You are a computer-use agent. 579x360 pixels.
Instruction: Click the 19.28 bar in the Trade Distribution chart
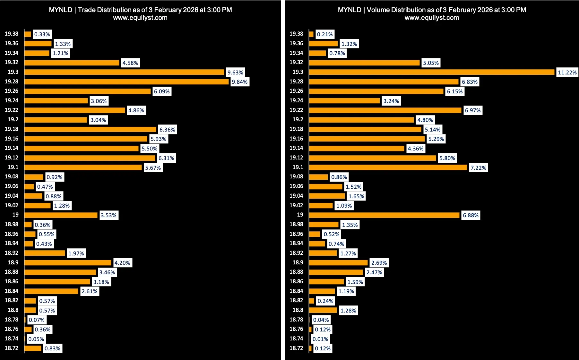[x=126, y=81]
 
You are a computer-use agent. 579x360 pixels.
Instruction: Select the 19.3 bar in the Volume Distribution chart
[x=432, y=72]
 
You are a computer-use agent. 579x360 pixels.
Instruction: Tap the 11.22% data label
[x=567, y=73]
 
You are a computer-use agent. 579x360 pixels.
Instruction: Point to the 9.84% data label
[x=239, y=82]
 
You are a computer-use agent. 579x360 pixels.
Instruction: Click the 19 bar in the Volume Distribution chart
[x=384, y=215]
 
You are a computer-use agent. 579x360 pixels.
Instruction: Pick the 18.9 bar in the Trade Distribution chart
[x=68, y=263]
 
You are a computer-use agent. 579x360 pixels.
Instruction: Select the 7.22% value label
[x=478, y=168]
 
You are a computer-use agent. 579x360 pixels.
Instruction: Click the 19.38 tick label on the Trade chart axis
[x=12, y=34]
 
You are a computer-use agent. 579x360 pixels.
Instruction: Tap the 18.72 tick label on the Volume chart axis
[x=296, y=348]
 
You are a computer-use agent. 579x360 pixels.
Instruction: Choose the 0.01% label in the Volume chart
[x=320, y=339]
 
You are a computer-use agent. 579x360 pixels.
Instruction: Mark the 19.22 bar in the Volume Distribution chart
[x=385, y=110]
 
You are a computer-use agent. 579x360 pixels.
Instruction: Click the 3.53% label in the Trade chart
[x=108, y=215]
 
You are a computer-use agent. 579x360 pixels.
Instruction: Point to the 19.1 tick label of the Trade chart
[x=13, y=167]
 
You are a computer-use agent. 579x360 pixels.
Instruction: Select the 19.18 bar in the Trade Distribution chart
[x=90, y=129]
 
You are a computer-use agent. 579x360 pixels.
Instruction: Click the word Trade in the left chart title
[x=86, y=10]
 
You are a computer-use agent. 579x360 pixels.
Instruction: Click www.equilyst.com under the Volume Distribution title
[x=432, y=18]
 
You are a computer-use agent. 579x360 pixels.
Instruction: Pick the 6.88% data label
[x=471, y=215]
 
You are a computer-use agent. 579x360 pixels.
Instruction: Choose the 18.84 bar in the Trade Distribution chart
[x=51, y=291]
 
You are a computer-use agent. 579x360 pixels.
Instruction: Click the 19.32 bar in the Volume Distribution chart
[x=364, y=63]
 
